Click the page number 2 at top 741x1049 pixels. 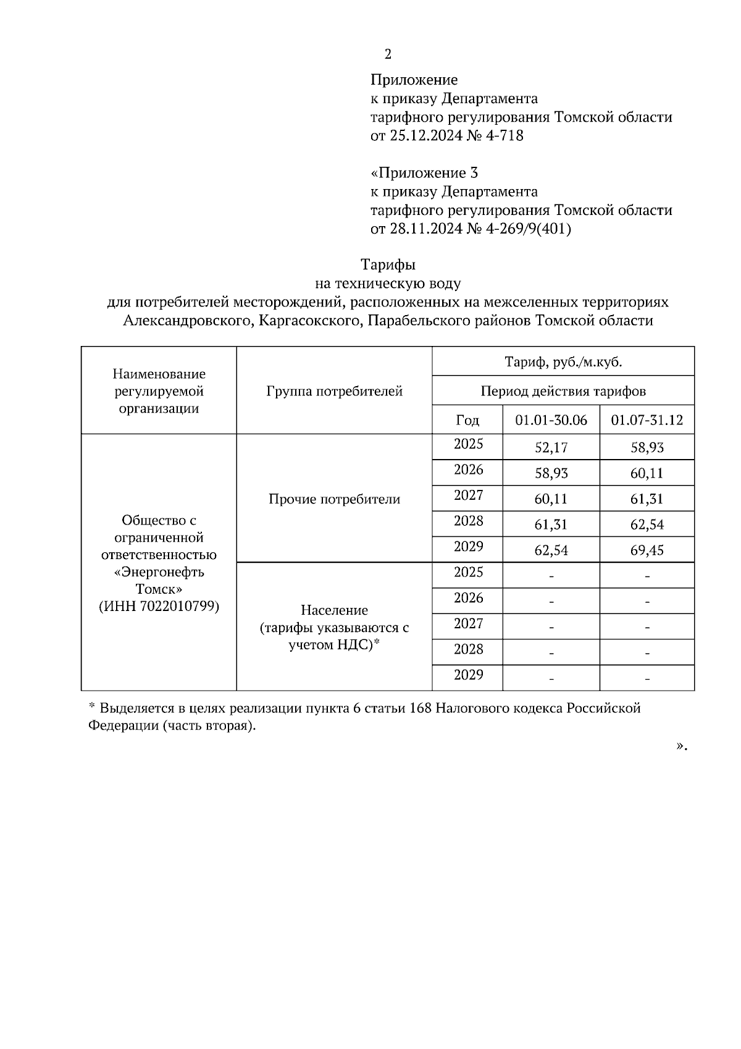[x=388, y=54]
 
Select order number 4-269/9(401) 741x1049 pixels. [x=529, y=229]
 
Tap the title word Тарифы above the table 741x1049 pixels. [x=388, y=265]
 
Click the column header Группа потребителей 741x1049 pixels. [x=334, y=391]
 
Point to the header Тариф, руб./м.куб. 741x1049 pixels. [x=563, y=362]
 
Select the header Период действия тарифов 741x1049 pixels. [x=563, y=391]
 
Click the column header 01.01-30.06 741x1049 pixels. [x=551, y=421]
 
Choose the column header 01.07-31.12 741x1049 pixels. [x=647, y=421]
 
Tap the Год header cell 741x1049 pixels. [x=467, y=421]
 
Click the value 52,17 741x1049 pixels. [x=551, y=448]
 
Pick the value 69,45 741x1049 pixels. [x=647, y=550]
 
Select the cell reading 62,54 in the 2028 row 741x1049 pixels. [x=647, y=524]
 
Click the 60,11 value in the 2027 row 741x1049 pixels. [x=551, y=499]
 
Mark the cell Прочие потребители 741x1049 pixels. [x=334, y=499]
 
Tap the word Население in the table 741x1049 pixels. [x=334, y=610]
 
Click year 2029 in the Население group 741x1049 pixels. [x=468, y=675]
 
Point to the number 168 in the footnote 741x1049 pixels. [x=421, y=708]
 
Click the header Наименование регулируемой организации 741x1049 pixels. [x=159, y=391]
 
